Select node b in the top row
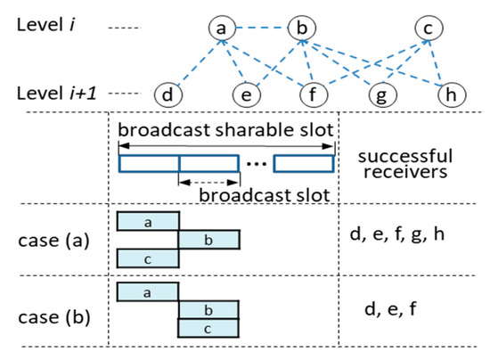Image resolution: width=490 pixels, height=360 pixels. click(x=301, y=29)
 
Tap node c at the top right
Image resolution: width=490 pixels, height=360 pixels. click(x=429, y=29)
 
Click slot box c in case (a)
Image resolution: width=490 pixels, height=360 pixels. click(x=148, y=258)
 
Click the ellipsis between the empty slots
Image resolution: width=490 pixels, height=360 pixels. click(x=256, y=165)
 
